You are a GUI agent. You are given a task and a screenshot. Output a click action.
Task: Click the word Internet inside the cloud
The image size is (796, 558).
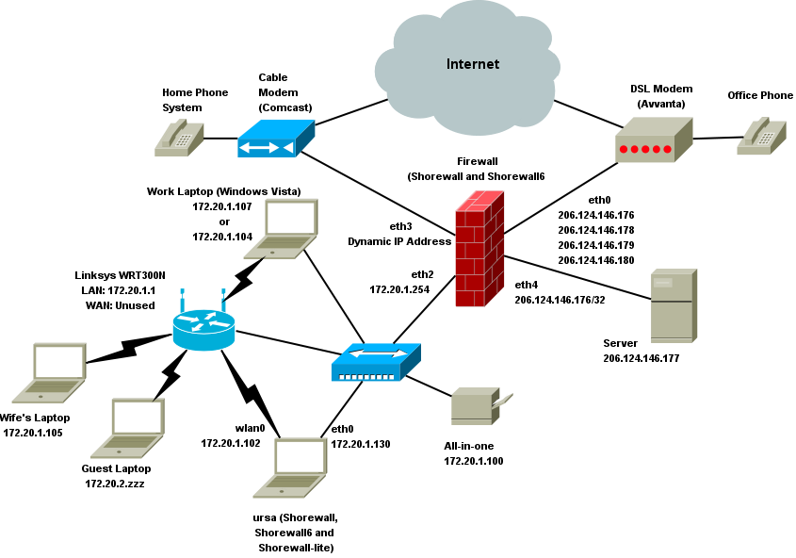pos(473,64)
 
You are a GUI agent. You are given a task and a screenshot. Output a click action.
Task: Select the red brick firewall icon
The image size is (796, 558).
pos(479,249)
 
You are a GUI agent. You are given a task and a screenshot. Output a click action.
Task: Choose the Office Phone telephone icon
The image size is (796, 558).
pos(762,136)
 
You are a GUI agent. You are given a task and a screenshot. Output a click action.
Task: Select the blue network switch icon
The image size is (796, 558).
pos(376,362)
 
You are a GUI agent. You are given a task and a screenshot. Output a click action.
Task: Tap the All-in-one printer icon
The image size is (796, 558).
pos(479,406)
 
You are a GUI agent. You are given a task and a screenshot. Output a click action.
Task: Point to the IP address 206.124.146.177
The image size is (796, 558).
pos(641,358)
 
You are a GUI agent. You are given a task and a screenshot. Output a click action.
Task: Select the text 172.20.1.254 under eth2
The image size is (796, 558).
pos(399,289)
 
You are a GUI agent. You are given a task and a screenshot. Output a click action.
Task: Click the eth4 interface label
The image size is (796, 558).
pos(526,284)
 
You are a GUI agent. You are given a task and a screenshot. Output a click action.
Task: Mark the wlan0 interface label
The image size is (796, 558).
pos(250,427)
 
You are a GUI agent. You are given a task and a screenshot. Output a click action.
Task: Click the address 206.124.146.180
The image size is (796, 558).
pos(595,260)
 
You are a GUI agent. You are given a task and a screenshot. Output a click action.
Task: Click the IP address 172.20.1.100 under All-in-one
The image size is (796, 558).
pos(473,461)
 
